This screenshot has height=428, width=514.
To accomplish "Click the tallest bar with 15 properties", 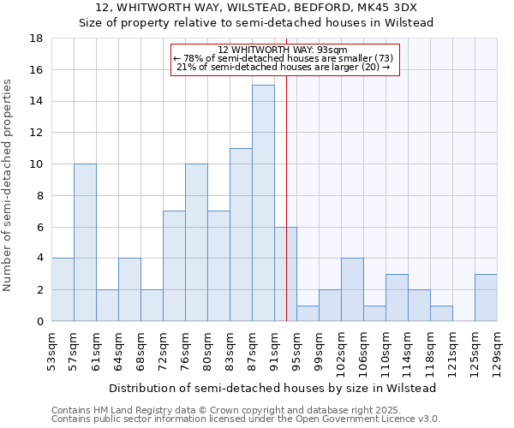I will [x=263, y=203].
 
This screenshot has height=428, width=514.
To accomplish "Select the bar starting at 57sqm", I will [x=85, y=242].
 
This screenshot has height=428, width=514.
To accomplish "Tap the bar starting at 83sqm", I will [x=241, y=235].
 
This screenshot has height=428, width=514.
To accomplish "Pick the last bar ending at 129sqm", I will [x=486, y=298].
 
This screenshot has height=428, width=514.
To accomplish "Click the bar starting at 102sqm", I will [x=352, y=289].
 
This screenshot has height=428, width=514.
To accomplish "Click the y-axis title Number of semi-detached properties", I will [x=9, y=185].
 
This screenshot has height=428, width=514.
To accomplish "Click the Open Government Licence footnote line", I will [x=246, y=419].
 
